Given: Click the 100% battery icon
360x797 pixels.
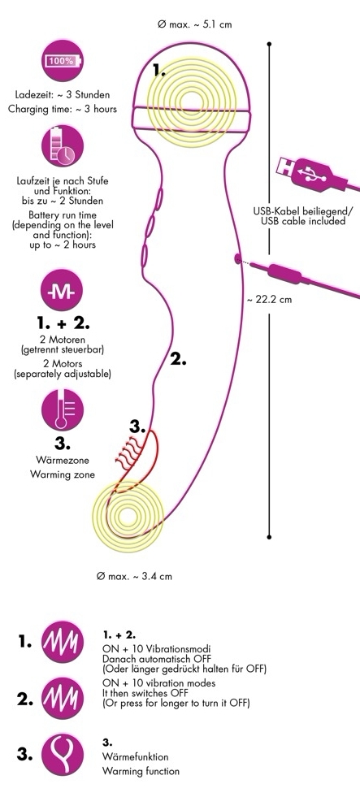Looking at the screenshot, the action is click(x=62, y=61).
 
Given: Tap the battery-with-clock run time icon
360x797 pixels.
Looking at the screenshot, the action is click(x=62, y=146).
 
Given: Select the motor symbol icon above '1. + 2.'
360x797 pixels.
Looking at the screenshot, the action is click(x=62, y=290).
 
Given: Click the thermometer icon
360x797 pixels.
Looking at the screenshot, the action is click(x=62, y=409).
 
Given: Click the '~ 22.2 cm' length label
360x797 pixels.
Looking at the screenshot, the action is click(x=269, y=300).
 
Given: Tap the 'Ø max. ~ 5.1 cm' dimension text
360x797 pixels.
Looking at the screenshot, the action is click(x=195, y=24).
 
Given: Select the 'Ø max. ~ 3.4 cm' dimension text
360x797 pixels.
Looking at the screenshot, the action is click(x=134, y=576).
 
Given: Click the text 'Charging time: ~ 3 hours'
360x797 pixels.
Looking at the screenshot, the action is click(x=63, y=109).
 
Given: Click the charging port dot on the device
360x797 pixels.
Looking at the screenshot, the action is click(x=237, y=258).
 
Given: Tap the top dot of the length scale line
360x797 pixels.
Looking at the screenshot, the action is click(x=269, y=44).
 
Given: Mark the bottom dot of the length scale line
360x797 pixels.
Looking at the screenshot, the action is click(x=269, y=536).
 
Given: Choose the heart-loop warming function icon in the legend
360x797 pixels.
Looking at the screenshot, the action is click(x=62, y=754).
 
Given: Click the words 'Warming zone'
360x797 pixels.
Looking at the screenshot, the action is click(x=62, y=474).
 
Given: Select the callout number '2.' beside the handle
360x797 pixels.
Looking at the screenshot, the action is click(x=178, y=359).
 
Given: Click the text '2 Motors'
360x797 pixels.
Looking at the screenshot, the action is click(x=62, y=364).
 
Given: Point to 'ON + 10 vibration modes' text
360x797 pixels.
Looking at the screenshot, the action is click(x=158, y=682).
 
